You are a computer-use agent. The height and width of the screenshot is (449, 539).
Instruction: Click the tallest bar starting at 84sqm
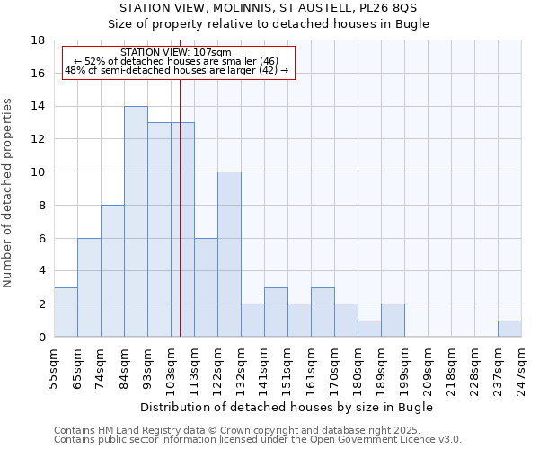click(x=136, y=221)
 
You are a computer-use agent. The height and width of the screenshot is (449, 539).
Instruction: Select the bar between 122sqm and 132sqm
click(x=229, y=254)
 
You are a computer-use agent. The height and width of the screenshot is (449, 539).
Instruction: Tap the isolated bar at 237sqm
click(x=509, y=329)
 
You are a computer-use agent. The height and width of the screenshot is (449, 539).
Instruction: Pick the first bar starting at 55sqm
click(x=66, y=312)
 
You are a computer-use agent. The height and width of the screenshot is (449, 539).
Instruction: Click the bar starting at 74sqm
click(x=112, y=270)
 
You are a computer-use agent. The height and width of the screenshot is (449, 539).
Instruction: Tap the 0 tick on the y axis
click(x=41, y=337)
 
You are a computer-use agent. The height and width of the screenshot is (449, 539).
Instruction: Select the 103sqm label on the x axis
click(x=171, y=368)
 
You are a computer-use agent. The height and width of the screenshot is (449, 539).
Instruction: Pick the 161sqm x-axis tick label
click(x=311, y=368)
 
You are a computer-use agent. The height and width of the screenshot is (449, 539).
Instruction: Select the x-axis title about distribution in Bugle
click(x=287, y=407)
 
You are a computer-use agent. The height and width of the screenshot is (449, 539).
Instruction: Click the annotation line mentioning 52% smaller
click(x=176, y=61)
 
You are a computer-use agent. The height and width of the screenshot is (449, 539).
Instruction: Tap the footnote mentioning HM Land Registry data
click(x=231, y=430)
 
